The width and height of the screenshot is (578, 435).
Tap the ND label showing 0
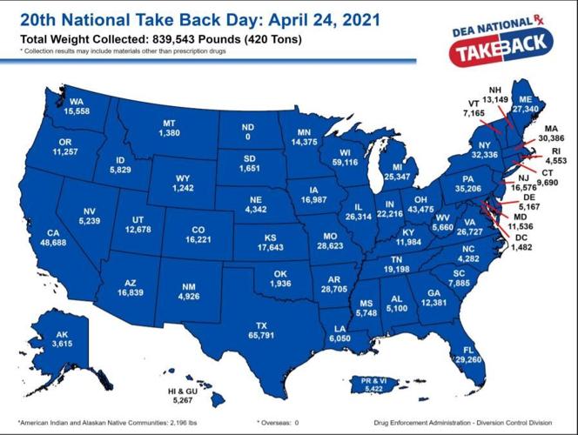tap(248, 137)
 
